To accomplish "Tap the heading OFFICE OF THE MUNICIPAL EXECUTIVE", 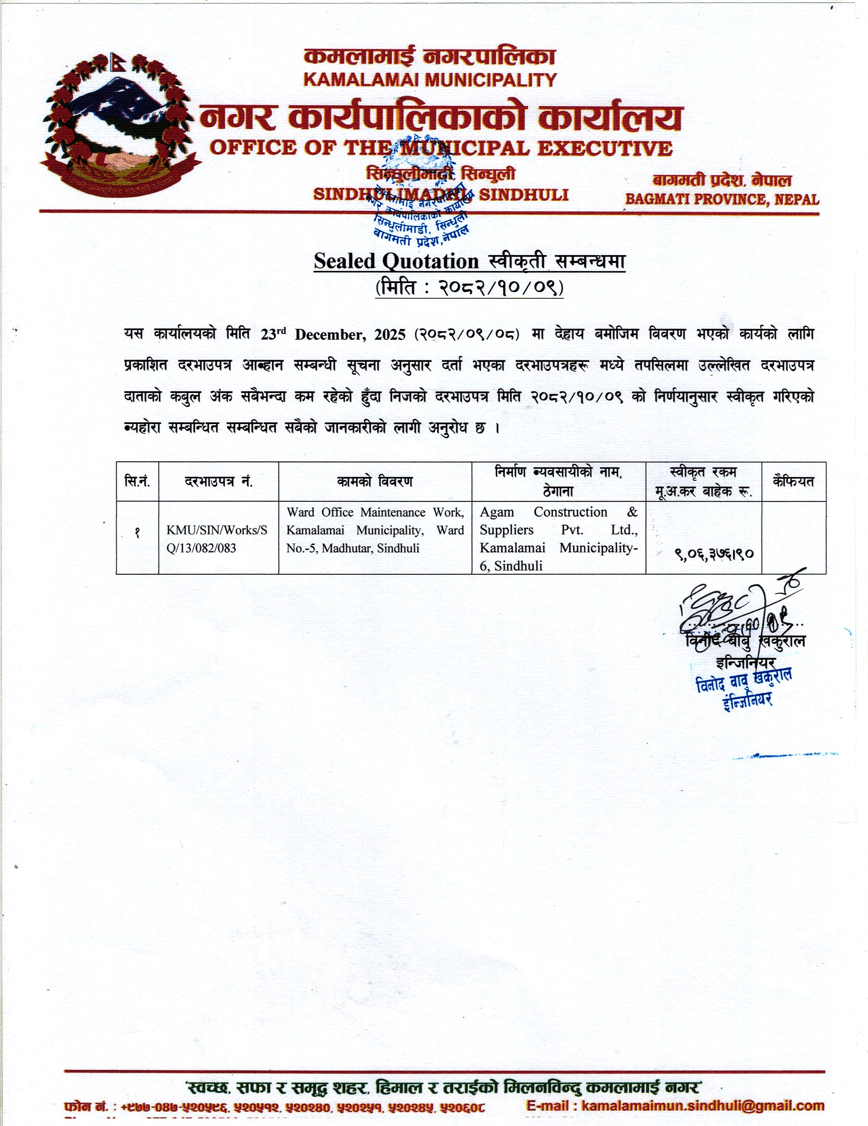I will point(441,148).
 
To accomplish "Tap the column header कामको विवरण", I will point(375,481).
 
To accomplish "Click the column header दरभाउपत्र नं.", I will point(219,481).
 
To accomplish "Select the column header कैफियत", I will point(793,481).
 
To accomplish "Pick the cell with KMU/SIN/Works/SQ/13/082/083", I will point(217,539).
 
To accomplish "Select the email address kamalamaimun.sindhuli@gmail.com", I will point(702,1106).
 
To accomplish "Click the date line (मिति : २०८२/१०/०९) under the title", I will point(469,287).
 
